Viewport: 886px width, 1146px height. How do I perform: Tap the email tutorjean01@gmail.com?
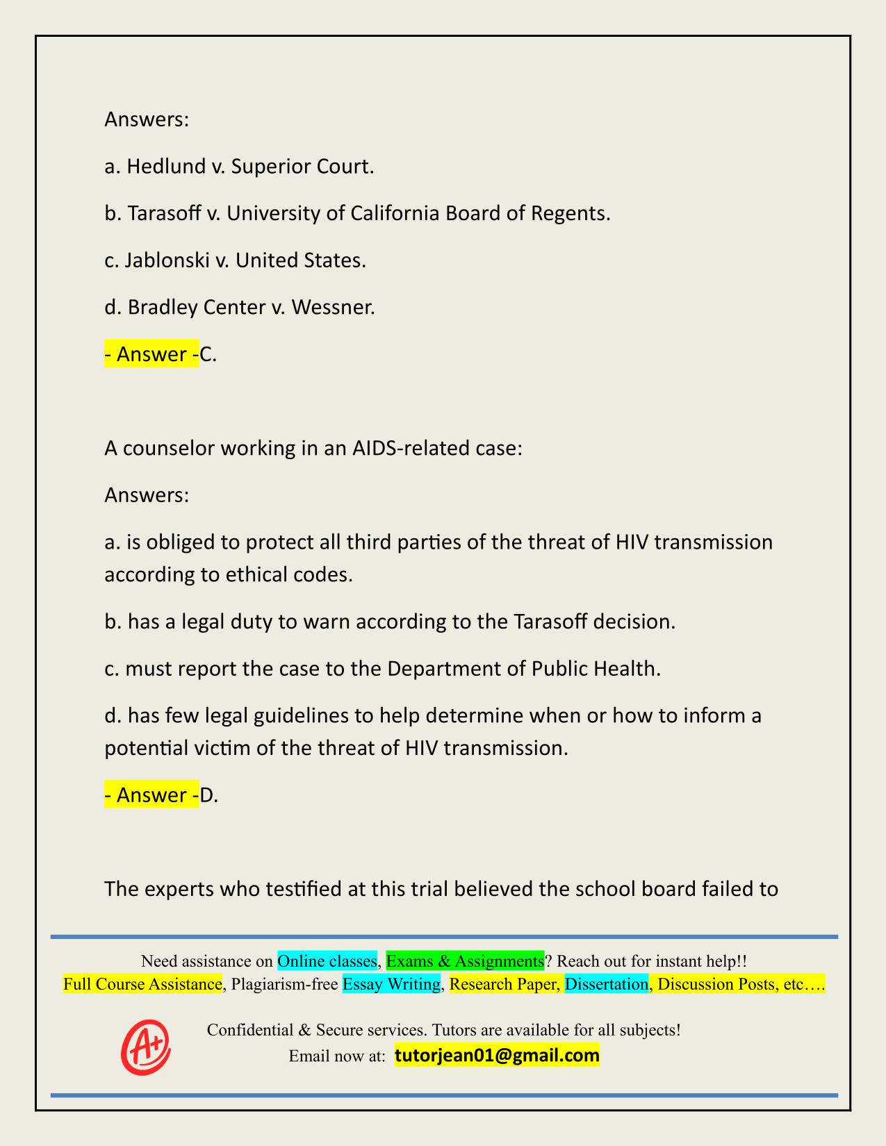(497, 1056)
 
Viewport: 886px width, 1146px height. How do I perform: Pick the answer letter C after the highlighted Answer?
(207, 354)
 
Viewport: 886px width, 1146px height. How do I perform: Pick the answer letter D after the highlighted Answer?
(208, 795)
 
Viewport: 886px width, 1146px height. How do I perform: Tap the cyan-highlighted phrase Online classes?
(327, 961)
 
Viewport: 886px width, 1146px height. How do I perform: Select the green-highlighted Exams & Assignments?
(465, 961)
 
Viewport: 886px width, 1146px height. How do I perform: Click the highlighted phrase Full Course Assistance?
(142, 984)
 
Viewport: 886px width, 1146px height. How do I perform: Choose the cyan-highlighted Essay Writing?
(392, 984)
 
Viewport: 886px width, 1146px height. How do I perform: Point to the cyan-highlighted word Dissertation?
(606, 984)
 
